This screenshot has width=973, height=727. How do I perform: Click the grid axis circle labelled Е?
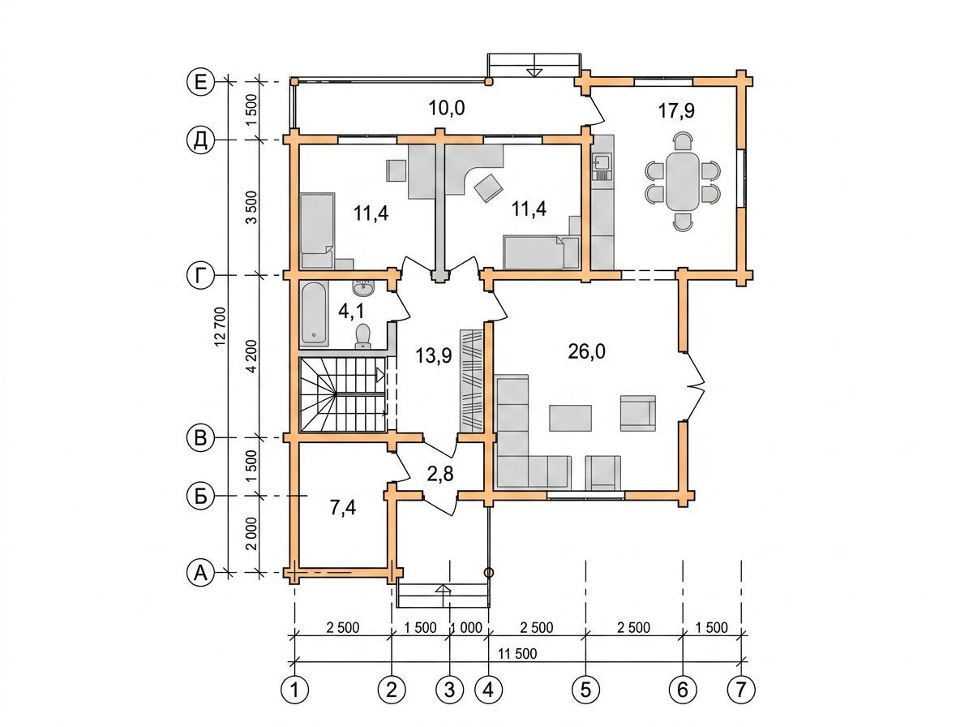[x=201, y=83]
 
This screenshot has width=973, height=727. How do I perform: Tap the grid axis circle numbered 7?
[x=741, y=690]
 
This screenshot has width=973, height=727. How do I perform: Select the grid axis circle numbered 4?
[x=488, y=690]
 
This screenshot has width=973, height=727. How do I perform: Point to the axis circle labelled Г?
[x=201, y=275]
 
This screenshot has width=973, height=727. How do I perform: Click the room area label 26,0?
[x=586, y=353]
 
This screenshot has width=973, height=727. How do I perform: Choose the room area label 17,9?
[x=676, y=111]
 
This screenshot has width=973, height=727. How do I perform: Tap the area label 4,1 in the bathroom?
[x=351, y=312]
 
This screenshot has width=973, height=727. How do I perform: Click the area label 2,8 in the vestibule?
[x=440, y=475]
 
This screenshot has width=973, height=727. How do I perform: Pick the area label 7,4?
[x=343, y=508]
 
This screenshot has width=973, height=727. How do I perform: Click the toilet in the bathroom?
[x=363, y=336]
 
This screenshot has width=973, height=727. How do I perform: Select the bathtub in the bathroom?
[x=315, y=313]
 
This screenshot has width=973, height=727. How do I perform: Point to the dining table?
[x=683, y=182]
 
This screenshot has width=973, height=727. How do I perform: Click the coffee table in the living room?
[x=571, y=418]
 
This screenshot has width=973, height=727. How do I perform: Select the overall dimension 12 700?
[x=221, y=326]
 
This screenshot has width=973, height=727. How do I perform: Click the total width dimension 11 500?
[x=517, y=654]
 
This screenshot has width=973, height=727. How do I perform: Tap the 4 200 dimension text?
[x=252, y=355]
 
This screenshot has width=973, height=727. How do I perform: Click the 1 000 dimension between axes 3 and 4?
[x=466, y=628]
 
